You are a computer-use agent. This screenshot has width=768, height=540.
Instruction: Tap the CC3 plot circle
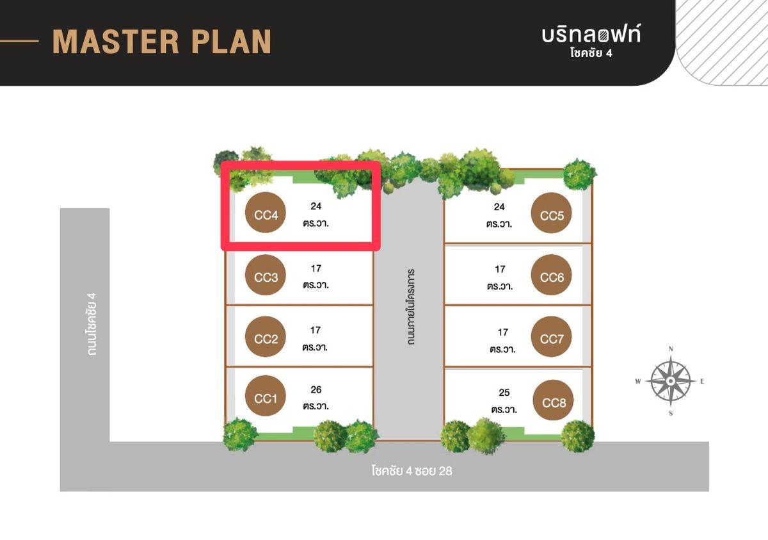[266, 277]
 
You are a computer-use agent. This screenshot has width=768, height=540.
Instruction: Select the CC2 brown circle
[266, 339]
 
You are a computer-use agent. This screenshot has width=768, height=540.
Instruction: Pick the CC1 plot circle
[266, 398]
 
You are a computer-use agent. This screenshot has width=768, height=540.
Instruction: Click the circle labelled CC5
[552, 215]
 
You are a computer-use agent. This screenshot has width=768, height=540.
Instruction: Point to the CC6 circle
[552, 277]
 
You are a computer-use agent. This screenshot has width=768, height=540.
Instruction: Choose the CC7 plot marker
[552, 338]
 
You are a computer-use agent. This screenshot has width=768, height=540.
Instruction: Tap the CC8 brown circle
[554, 402]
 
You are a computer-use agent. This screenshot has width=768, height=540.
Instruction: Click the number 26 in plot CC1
[316, 389]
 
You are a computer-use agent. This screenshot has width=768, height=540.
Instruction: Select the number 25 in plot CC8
[504, 393]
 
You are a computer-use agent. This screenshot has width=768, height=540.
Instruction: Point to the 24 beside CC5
[500, 207]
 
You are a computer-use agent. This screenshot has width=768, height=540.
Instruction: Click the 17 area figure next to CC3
[316, 269]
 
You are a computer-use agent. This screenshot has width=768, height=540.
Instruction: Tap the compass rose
[670, 380]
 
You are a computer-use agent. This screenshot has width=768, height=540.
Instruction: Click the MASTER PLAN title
[162, 42]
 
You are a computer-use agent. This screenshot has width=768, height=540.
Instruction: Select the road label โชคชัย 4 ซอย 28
[412, 471]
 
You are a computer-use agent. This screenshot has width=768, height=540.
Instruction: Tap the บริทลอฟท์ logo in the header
[591, 35]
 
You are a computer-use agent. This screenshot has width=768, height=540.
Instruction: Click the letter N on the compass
[671, 349]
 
